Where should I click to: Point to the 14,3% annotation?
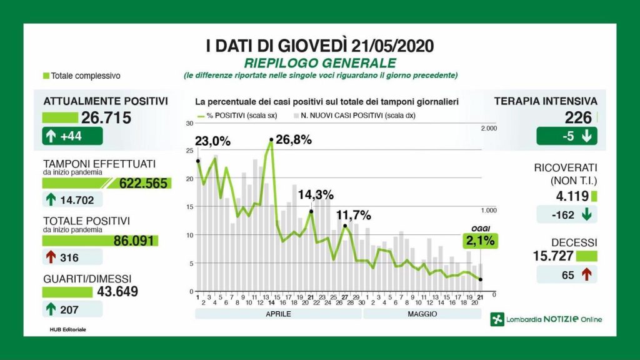(316, 194)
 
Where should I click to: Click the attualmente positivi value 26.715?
(106, 117)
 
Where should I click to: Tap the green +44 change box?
(72, 136)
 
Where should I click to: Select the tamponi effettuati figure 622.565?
(143, 183)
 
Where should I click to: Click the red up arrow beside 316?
(51, 257)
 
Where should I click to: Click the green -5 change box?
(566, 136)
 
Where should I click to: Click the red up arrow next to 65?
(586, 274)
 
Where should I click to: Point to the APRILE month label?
(278, 314)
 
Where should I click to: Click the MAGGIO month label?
(422, 314)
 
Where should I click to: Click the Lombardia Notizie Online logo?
(546, 319)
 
